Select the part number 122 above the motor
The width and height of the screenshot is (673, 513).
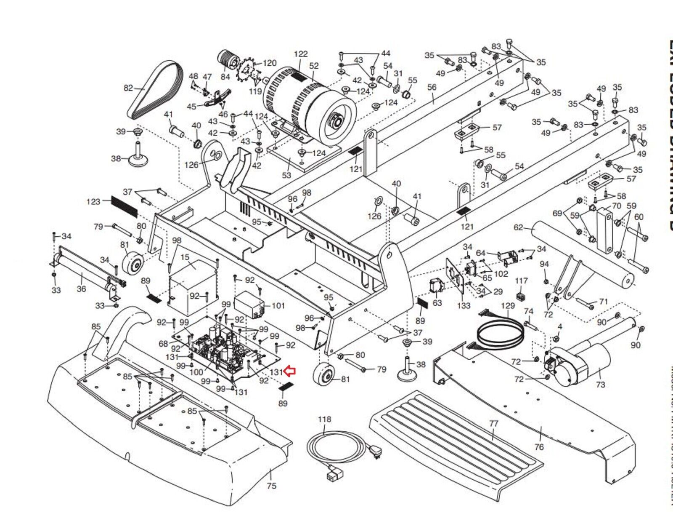pos(301,54)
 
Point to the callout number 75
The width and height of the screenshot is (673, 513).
pos(272,486)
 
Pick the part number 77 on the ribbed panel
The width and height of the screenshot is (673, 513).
pos(493,423)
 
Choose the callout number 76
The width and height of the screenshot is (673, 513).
pos(539,447)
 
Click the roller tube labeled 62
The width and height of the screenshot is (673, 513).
pos(585,253)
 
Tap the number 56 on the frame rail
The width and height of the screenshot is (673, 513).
pos(432,87)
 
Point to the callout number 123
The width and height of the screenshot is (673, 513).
pos(93,201)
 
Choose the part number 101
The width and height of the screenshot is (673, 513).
pos(278,305)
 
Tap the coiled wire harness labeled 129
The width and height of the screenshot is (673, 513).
pos(501,333)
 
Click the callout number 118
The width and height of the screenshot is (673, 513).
pos(324,419)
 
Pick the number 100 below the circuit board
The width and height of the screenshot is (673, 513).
pos(196,372)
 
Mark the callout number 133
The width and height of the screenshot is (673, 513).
pos(463,305)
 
